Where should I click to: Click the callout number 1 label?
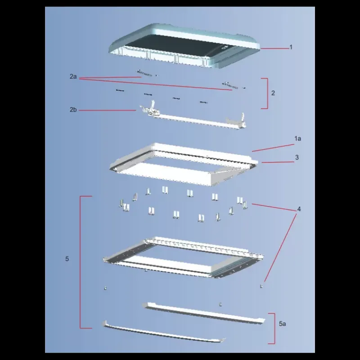coord(291,47)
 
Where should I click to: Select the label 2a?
coord(73,76)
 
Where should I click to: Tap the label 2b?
coord(73,110)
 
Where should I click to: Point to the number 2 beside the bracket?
coord(273,93)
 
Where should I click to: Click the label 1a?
coord(298,139)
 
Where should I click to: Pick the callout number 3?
coord(297,157)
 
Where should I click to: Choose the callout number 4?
coord(299,209)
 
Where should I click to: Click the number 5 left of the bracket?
coord(67,259)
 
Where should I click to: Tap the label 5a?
coord(283,324)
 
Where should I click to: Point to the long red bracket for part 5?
coord(80,262)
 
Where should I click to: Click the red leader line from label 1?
coord(274,49)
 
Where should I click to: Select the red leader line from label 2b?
coord(107,110)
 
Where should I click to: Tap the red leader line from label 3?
coord(278,162)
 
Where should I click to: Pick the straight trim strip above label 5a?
coord(203,313)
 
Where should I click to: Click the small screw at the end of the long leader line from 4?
coord(261,286)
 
